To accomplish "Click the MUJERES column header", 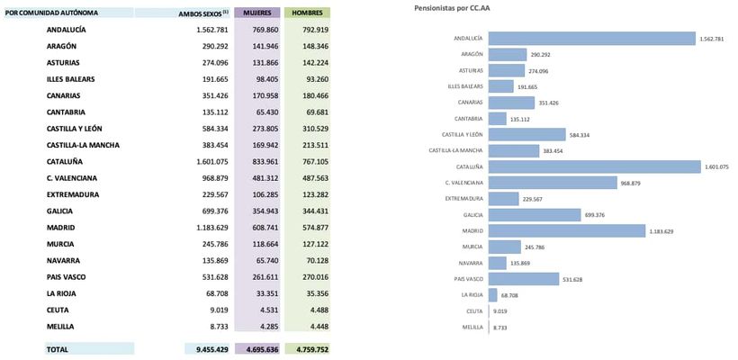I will click(256, 13).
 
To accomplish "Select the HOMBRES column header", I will click(307, 13).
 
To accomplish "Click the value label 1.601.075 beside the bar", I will click(717, 166).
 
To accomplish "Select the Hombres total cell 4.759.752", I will click(309, 348).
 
